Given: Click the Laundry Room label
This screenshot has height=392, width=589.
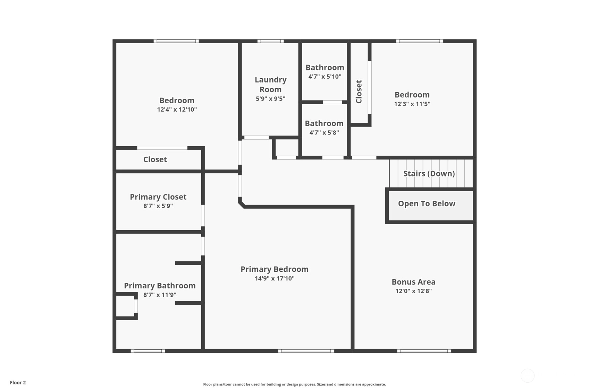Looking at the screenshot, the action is point(271,84).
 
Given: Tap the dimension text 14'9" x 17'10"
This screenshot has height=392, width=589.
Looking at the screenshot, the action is point(275,278).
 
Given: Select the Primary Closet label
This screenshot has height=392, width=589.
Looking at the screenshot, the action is point(158,197).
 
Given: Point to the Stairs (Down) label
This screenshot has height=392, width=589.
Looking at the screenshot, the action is point(429,174).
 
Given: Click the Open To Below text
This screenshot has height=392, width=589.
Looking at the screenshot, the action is point(427,203).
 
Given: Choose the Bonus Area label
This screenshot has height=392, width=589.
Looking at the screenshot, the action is point(414,282).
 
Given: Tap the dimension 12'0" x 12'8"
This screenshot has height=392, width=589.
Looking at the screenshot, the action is point(414,291).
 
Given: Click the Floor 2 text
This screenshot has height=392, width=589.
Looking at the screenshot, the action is point(18,383).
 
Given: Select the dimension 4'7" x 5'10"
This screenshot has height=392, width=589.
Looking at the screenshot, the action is point(325,76).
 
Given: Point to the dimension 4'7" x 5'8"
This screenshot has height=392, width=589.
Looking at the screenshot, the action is point(324,132).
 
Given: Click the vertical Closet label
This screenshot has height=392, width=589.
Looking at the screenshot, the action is point(359,92).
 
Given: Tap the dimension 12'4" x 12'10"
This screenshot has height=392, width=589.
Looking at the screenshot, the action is point(177,110).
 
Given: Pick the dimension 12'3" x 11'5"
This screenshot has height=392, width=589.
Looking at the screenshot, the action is point(412,104).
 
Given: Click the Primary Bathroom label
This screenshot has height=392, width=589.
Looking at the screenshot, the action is point(160,285).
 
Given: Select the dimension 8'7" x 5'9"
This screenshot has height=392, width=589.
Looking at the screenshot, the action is point(158,206).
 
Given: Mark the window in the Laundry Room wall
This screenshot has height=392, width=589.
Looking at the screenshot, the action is point(271,41).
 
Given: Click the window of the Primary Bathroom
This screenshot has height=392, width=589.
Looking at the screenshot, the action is point(148,351).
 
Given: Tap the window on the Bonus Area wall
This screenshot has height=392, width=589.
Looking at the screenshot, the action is point(424,351).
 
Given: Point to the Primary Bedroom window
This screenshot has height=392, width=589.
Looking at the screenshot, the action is point(306,351).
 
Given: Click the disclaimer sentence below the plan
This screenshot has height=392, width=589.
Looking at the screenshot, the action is point(294,384).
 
